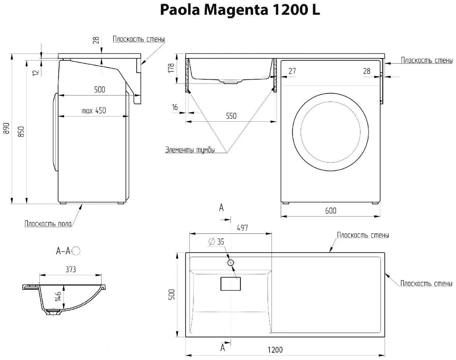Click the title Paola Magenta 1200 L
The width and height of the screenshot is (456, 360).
pos(240,10)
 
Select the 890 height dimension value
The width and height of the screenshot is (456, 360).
pos(7,128)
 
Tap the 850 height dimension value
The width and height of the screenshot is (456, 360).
pos(21,131)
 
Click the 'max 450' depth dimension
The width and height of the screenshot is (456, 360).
pos(94,111)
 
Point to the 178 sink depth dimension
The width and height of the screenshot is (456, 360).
pos(171,68)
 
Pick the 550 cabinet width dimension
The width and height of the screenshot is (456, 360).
pos(231,116)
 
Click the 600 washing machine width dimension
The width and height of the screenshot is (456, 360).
pos(331,211)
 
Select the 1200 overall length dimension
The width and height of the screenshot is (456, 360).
pos(275,350)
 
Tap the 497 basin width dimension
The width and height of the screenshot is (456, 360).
pos(242,228)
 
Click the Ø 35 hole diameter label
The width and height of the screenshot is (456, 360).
pos(217,242)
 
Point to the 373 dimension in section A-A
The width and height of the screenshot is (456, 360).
pos(70,269)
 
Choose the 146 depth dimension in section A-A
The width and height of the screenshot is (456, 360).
pos(58,296)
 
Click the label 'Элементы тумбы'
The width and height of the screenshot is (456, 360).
pos(190,150)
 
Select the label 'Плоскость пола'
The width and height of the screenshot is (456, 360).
pos(48,223)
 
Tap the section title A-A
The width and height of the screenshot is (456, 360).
pos(63,251)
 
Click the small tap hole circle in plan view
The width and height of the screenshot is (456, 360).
pos(231,263)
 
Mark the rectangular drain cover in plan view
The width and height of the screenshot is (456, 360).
pos(231,284)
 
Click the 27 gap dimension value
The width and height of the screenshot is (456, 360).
pos(292,71)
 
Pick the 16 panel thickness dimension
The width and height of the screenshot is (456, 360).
pos(175,107)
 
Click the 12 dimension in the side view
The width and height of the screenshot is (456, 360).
pos(36,72)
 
